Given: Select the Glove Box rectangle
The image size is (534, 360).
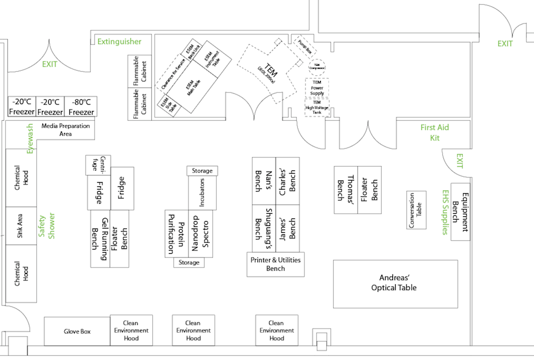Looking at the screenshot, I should click(77, 331).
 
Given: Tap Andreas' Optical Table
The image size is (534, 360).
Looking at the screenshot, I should click(395, 284).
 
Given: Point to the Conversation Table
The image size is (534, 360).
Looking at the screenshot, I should click(416, 210).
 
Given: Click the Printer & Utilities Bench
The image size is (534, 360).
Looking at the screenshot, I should click(276, 264).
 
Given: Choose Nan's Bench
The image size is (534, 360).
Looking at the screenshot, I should click(264, 181).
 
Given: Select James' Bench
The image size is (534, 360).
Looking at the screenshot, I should click(287, 228).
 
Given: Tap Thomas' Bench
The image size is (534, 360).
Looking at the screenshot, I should click(345, 190).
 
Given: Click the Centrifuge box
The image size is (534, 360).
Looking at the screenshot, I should click(98, 165).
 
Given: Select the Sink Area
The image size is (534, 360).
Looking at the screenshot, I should click(21, 225).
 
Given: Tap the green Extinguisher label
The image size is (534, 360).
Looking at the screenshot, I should click(119, 41).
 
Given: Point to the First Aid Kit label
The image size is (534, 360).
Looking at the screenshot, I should click(434, 132).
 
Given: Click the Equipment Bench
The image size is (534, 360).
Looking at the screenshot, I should click(460, 212).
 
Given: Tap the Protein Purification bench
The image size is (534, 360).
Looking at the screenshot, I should click(176, 233).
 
